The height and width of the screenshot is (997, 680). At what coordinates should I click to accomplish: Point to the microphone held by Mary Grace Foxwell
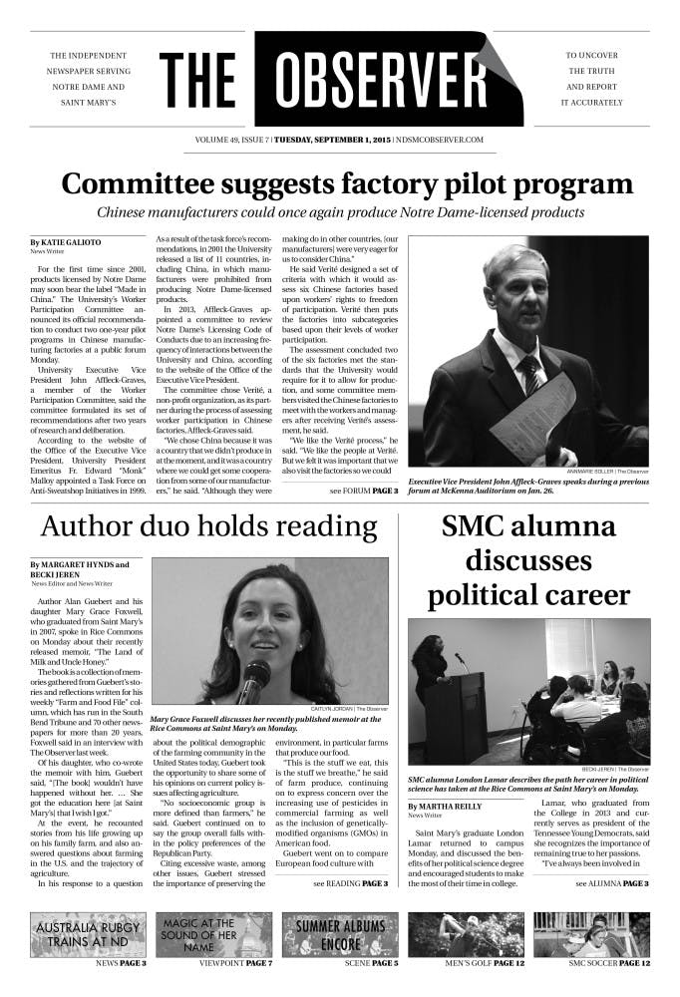click(255, 682)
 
